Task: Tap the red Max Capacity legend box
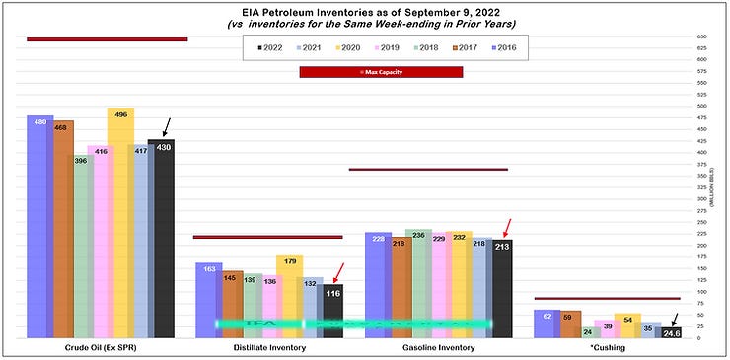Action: tap(381, 72)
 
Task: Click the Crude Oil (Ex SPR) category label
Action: tap(100, 347)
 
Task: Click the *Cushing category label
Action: tap(609, 347)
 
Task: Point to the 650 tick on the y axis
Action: tap(701, 37)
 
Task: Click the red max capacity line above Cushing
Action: tap(607, 298)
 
